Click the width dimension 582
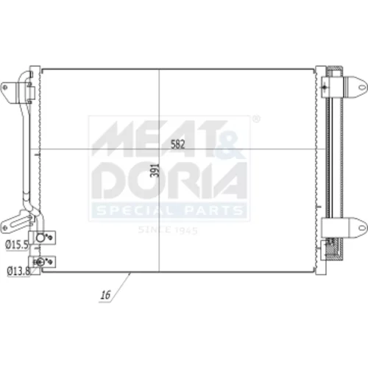pos(177,144)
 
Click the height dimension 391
pos(155,170)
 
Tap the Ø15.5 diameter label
pos(17,244)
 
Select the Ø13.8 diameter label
pos(18,271)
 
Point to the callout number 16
pos(106,295)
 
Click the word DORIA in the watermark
pos(169,180)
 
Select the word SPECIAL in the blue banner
pos(135,210)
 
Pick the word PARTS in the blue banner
pos(213,210)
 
